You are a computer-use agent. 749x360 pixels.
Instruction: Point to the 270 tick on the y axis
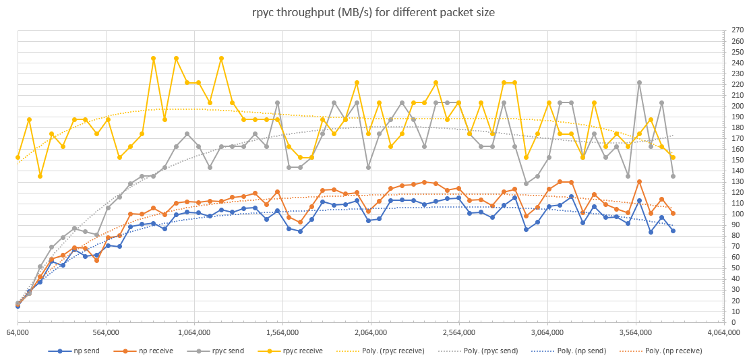pos(736,30)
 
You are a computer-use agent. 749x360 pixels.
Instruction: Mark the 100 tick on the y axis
pos(736,214)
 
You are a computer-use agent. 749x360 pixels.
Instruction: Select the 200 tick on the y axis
pos(736,106)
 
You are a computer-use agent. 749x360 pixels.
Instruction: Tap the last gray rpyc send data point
pos(673,176)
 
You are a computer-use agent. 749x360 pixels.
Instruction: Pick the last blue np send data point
pos(673,231)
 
